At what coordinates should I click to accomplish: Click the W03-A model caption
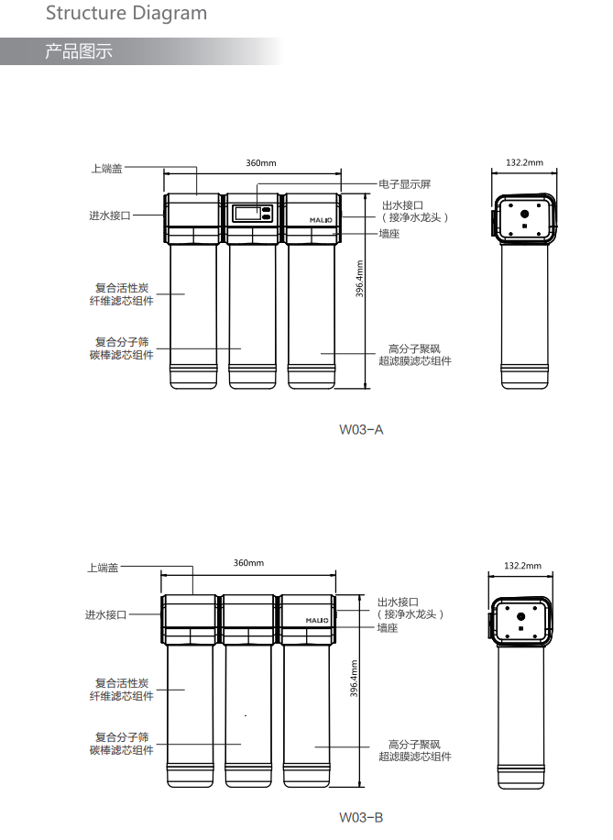tap(361, 430)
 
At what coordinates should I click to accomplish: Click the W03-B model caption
tap(361, 817)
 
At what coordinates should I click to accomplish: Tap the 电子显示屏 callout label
tap(405, 184)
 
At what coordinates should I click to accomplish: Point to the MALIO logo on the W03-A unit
tap(321, 220)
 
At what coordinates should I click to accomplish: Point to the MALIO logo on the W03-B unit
tap(317, 620)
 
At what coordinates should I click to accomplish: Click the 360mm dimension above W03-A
tap(261, 163)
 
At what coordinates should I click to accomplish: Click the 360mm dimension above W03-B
tap(248, 563)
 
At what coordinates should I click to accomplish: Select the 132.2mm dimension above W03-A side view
tap(525, 162)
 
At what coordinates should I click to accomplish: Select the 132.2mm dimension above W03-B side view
tap(522, 566)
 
